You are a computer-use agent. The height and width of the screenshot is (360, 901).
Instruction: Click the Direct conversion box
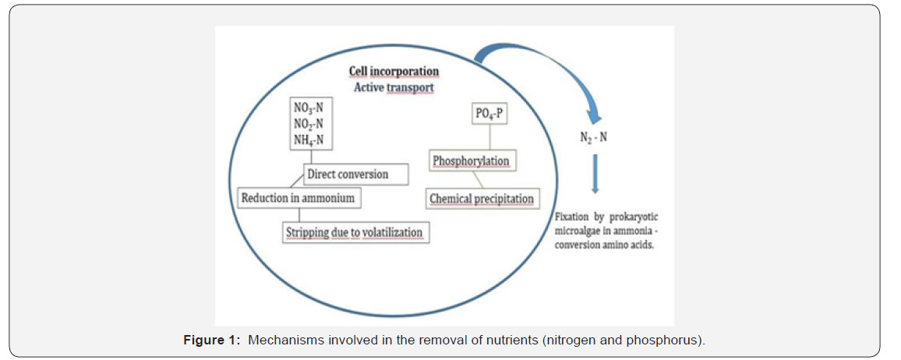coord(355,174)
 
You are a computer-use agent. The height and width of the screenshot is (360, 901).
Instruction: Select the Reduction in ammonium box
coord(298,198)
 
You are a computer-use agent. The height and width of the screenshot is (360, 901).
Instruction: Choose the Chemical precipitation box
coord(482,199)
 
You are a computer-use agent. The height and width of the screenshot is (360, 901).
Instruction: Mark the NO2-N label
coord(309,125)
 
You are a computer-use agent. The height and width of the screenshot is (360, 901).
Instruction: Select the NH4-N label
coord(309,140)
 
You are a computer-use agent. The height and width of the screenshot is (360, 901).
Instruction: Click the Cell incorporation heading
coord(394,72)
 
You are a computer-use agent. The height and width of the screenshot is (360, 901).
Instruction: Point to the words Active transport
coord(394,87)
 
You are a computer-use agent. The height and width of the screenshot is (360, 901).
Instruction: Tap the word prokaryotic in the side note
coord(638,218)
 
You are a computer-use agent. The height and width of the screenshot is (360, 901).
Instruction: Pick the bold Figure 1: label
coord(212,341)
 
